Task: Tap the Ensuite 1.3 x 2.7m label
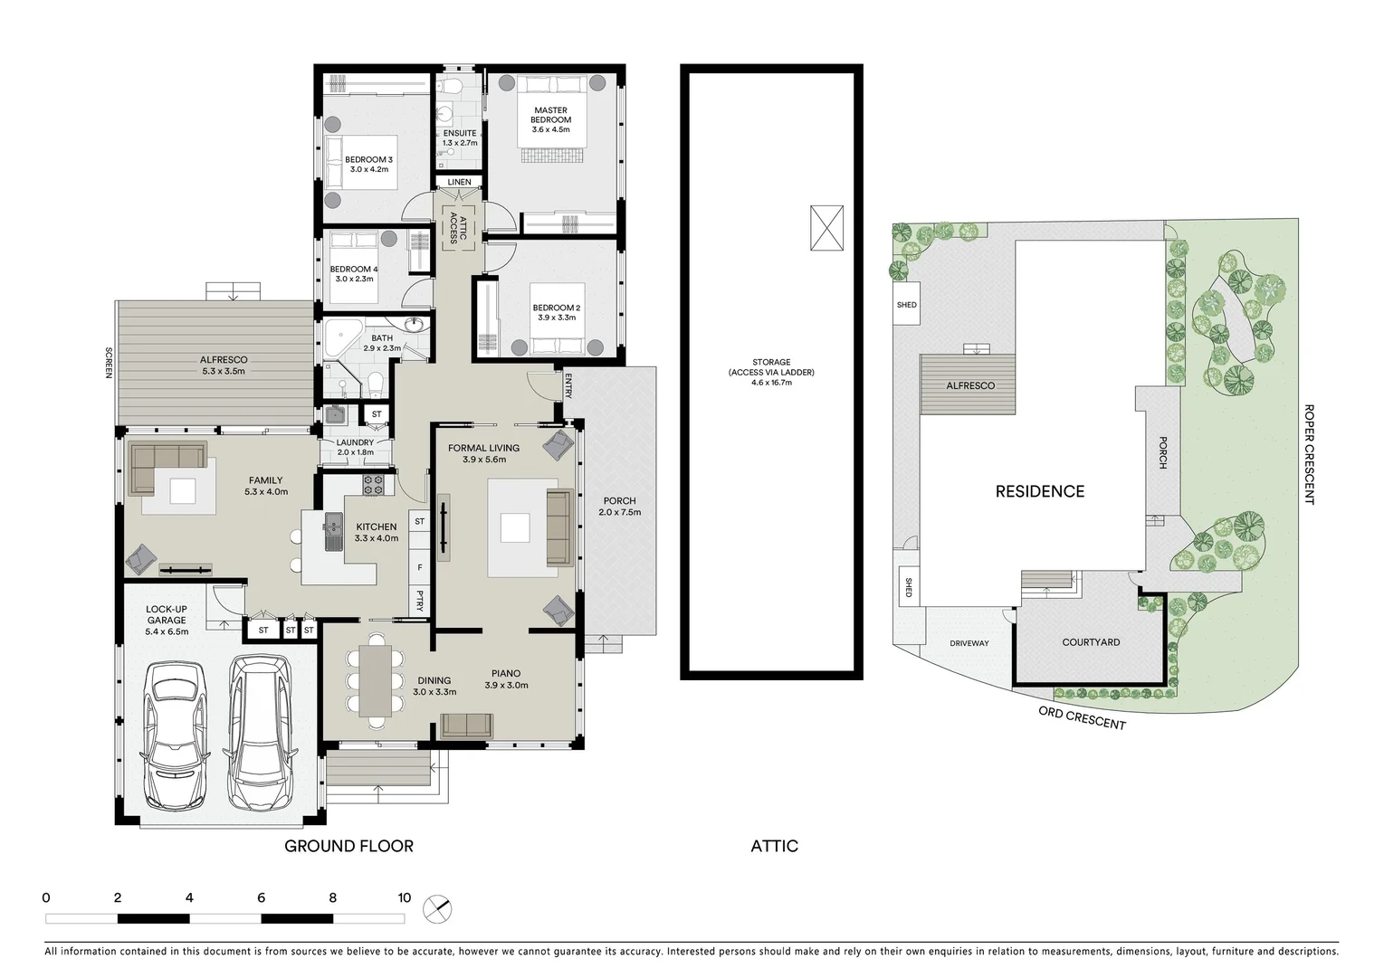(460, 138)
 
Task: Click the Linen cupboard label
(459, 182)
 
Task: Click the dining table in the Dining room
(375, 681)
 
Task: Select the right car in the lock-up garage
(259, 732)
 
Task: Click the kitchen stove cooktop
(373, 485)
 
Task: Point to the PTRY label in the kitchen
(420, 601)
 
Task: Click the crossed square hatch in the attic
(826, 228)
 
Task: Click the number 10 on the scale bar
(404, 898)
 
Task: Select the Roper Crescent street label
(1309, 454)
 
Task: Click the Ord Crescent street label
(1082, 718)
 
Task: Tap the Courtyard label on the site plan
(1091, 642)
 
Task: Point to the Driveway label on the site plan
(969, 643)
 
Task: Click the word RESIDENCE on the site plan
(1039, 491)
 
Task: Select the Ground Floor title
(348, 846)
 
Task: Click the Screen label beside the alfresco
(108, 363)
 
